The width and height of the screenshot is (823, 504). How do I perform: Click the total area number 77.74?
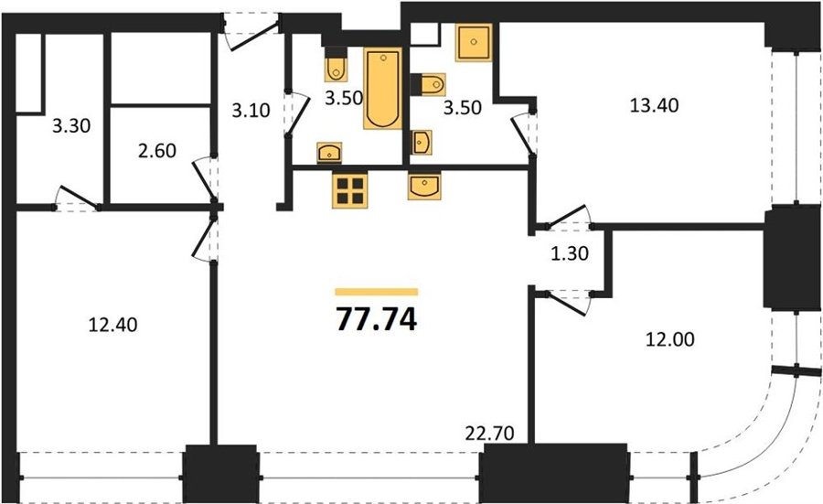pos(377,318)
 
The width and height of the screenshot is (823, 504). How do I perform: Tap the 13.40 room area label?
pos(654,105)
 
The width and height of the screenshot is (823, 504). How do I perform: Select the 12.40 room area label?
pos(112,325)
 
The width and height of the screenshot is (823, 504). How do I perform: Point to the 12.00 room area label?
pos(669,339)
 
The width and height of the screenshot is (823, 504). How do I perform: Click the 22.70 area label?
pos(490,434)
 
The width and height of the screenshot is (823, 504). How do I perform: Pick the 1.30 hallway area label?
pos(570,254)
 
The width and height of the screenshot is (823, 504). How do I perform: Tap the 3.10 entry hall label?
pos(251,111)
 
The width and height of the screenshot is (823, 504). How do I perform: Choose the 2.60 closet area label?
pos(157,151)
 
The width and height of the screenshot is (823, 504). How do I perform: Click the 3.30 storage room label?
pos(71,126)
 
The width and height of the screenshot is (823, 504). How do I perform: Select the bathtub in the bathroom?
pos(382,88)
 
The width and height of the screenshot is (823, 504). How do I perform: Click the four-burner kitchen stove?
pos(350,190)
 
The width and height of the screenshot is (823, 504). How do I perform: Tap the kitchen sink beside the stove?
pos(424,187)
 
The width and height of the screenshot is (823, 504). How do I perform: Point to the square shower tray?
pos(474,42)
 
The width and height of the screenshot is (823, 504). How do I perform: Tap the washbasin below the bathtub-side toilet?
pos(329,152)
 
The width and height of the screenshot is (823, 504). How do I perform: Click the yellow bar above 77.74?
pos(377,292)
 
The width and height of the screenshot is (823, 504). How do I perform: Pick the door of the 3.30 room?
pos(77,198)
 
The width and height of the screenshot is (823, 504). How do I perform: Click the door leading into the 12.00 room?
pos(566,303)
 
